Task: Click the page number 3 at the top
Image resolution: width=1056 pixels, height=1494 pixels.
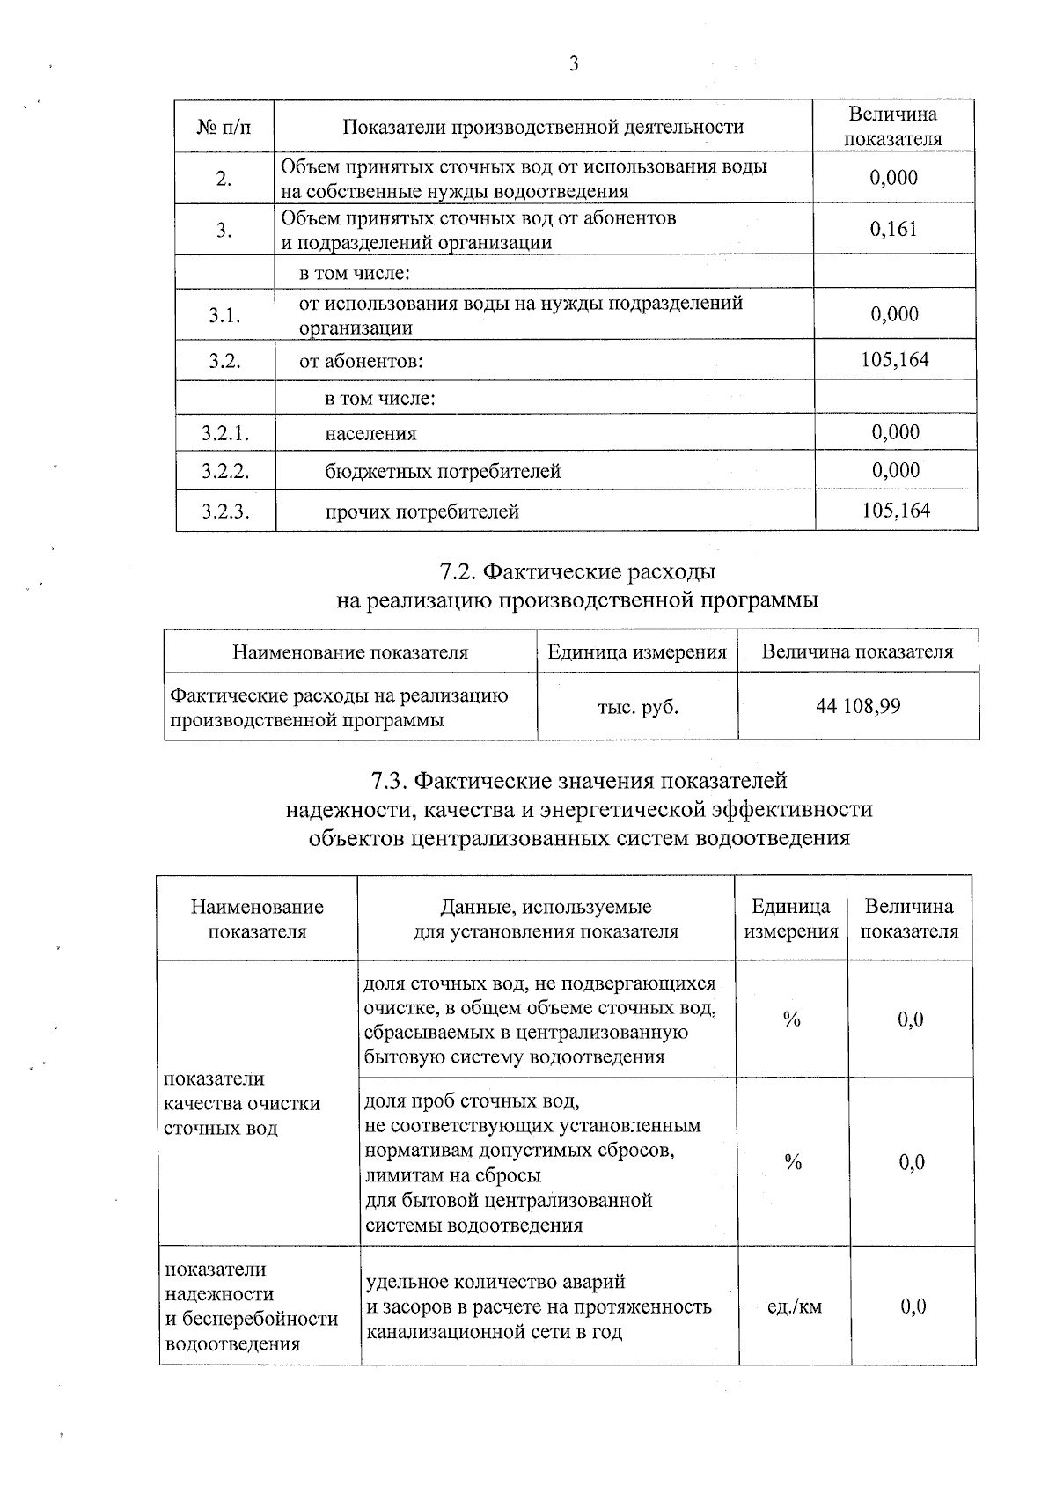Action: [574, 63]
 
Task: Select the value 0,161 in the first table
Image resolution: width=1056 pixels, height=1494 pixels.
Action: [893, 230]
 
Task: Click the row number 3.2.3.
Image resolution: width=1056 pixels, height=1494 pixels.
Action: [225, 511]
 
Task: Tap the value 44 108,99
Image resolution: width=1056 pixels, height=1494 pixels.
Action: [858, 706]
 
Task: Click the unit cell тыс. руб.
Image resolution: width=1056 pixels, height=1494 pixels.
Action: [637, 707]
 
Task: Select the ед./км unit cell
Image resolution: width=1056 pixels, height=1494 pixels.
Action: [794, 1306]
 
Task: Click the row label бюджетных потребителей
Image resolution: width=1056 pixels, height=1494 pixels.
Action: [443, 472]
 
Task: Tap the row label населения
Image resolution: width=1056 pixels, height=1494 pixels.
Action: [370, 434]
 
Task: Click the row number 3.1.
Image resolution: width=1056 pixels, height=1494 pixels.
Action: [224, 315]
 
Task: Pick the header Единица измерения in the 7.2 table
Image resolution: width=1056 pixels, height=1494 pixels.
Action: [637, 652]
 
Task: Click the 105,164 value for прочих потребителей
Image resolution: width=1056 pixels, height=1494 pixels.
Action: [896, 511]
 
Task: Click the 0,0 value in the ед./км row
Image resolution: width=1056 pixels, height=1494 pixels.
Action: [913, 1306]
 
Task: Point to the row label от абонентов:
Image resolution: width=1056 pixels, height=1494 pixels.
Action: [361, 362]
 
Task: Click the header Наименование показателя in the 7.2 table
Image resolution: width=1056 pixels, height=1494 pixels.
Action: [350, 652]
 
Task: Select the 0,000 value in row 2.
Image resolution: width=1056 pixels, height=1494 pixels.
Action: [893, 179]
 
